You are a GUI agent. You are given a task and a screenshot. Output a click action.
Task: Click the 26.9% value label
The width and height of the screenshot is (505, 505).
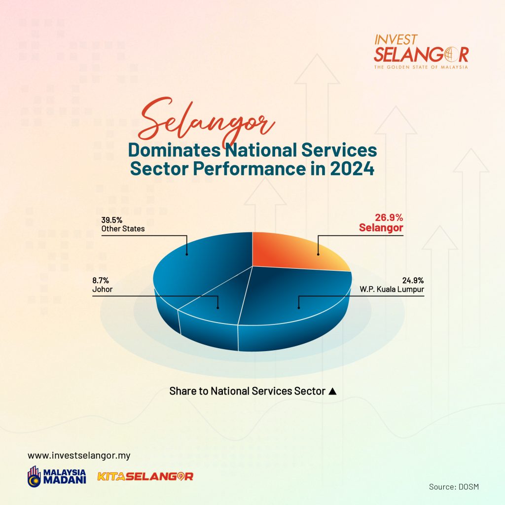[389, 217]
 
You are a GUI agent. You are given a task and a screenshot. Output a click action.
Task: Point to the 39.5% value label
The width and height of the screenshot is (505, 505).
[112, 220]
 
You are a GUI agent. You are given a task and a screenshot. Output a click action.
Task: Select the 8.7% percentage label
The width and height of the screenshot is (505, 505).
[101, 281]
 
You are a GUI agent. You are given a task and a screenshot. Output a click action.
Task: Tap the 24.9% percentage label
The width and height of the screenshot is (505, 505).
[413, 281]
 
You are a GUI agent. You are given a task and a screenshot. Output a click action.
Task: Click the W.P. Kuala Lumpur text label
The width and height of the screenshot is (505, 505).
[392, 289]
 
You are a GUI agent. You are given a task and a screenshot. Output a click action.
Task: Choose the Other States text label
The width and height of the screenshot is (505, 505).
[123, 229]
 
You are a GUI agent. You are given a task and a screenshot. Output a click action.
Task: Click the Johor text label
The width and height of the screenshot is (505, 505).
[103, 289]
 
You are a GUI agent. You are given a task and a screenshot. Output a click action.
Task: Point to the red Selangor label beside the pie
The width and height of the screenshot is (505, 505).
[381, 228]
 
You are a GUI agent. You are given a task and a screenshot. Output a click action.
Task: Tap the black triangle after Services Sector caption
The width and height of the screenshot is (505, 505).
[333, 391]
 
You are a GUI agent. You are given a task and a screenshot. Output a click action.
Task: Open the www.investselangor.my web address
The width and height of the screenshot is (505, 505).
[79, 456]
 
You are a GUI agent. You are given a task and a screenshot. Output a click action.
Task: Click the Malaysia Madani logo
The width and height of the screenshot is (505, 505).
[57, 476]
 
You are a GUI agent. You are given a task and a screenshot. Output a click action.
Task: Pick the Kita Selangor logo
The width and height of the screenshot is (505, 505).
[145, 476]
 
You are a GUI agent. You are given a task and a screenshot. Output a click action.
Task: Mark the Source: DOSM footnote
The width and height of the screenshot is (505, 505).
[454, 487]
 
